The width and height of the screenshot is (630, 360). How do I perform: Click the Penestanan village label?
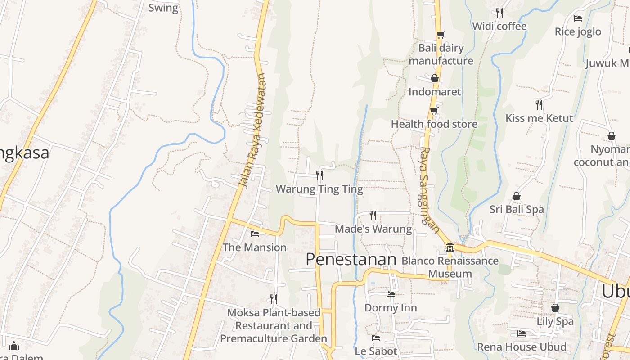[x=351, y=259]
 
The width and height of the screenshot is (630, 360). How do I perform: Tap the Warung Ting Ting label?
[x=319, y=189]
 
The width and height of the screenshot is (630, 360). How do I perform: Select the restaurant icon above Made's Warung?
[x=373, y=216]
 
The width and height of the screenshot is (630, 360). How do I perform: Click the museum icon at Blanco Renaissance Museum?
[x=450, y=247]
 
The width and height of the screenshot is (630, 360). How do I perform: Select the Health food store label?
[x=434, y=124]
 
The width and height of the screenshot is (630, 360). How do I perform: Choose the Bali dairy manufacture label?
[x=441, y=54]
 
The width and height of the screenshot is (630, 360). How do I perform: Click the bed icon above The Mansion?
[x=254, y=234]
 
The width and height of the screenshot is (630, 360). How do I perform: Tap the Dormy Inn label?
[x=391, y=308]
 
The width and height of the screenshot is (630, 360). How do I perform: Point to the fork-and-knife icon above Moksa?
[x=273, y=298]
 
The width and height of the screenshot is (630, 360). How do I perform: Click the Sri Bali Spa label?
[x=517, y=209]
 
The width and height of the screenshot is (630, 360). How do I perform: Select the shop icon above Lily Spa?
[x=555, y=308]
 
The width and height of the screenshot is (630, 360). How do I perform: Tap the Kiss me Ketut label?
[x=539, y=118]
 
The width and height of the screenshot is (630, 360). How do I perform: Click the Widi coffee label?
[x=499, y=26]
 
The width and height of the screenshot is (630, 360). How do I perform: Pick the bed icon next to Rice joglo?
[x=578, y=18]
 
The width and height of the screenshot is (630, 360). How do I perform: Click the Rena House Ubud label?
[x=522, y=347]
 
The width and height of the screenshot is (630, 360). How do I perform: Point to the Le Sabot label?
[x=376, y=351]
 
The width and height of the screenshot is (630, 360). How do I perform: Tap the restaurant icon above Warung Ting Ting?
[x=319, y=175]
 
